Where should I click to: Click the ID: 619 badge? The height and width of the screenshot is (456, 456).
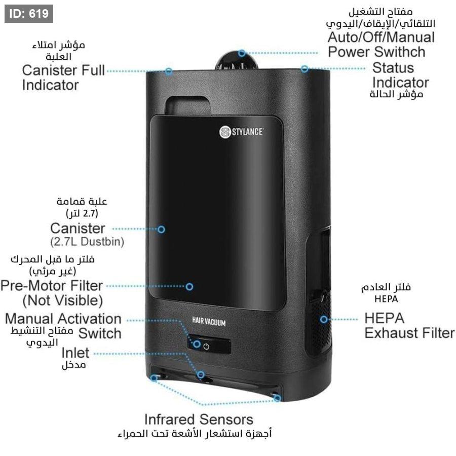coord(28,14)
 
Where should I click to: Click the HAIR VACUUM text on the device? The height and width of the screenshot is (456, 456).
coord(209,322)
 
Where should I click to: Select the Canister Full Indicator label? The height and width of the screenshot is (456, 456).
coord(63,77)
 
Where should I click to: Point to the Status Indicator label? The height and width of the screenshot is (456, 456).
coord(399,75)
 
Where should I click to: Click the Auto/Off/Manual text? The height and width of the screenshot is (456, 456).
coord(381,37)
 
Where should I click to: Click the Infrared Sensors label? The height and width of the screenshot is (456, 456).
coord(199,419)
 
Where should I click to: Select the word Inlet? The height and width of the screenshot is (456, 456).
coord(75,353)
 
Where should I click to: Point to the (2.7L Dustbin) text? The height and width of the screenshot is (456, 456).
coord(87,242)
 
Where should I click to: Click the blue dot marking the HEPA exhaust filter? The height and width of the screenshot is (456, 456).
coord(324,319)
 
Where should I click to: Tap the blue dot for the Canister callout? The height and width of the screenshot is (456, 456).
coord(161,229)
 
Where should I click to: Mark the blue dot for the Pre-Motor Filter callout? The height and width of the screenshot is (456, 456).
coord(189,286)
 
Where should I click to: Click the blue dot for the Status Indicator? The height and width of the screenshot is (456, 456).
coord(305,68)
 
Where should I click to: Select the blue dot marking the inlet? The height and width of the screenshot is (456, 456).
coord(201,375)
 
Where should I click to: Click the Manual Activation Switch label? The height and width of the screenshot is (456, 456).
coord(63,326)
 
